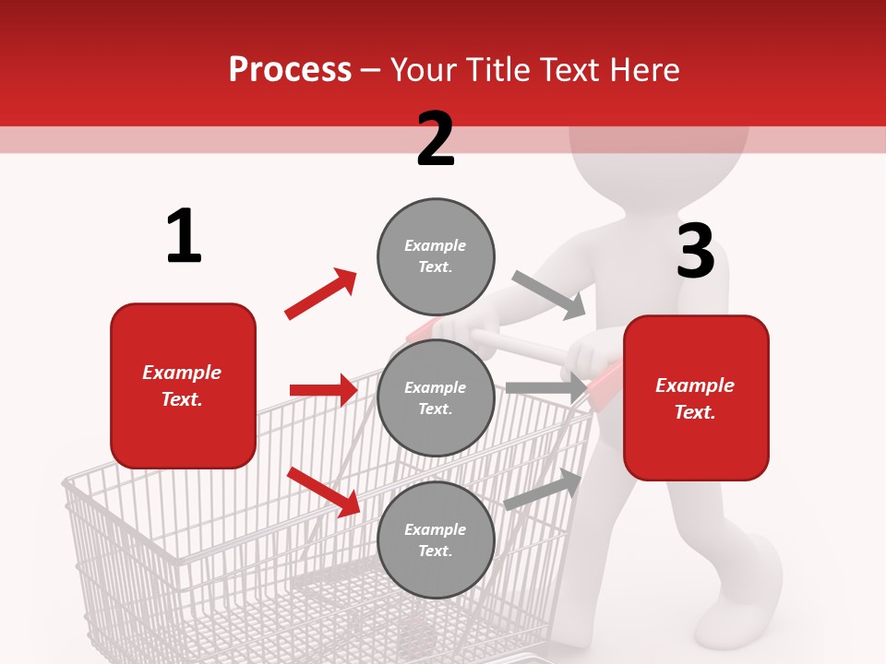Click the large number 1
[184, 237]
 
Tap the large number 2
[436, 139]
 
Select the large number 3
[695, 251]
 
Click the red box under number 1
[183, 385]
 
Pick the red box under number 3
[696, 398]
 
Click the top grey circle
[436, 255]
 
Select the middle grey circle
[436, 397]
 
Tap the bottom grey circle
[436, 539]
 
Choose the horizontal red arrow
[323, 390]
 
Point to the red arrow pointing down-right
[323, 492]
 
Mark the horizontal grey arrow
[545, 388]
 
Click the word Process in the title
[290, 69]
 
